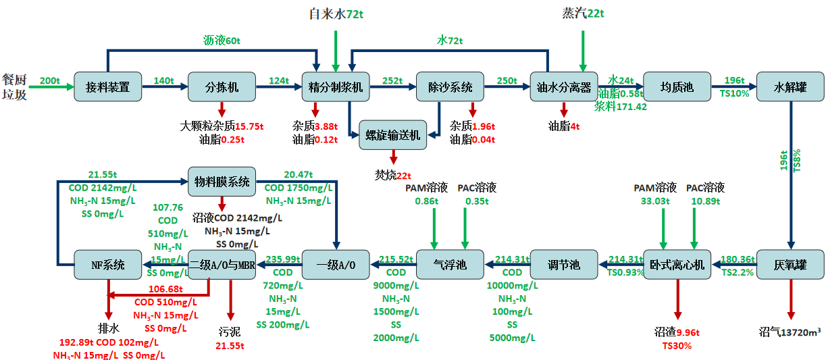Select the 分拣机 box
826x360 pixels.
pos(222,87)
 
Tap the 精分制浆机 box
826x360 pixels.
pos(336,87)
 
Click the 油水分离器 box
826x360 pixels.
pos(563,87)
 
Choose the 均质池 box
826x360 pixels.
pos(677,87)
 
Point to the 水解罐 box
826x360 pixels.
pos(790,87)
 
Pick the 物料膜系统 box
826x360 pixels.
pos(222,181)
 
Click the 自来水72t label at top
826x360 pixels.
pos(336,14)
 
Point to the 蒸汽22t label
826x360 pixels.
pos(584,14)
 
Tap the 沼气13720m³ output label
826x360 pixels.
pos(790,332)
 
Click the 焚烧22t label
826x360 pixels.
pos(392,175)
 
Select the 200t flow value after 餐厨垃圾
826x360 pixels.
pos(50,80)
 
